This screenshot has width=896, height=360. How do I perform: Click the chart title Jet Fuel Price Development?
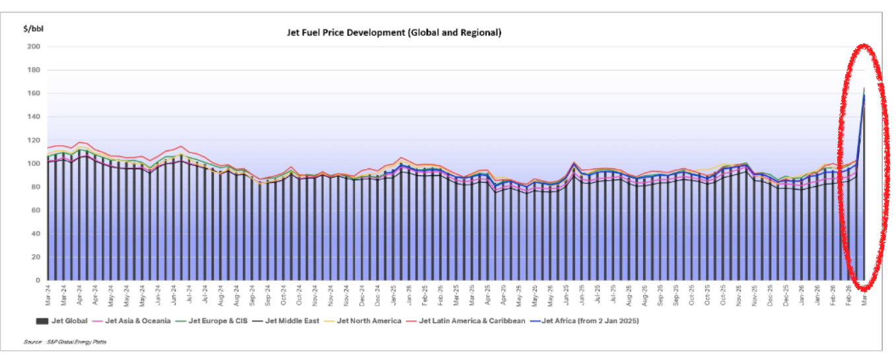[394, 32]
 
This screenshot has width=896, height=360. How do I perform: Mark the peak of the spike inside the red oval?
[864, 89]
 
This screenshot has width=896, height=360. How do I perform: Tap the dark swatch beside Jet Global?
[41, 321]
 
